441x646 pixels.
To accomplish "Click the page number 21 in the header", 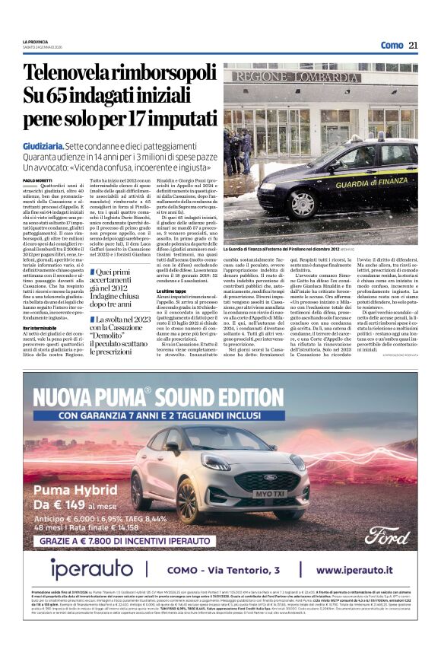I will pos(413,45).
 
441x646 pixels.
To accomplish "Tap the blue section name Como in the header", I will pos(392,45).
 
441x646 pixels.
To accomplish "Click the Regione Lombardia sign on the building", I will pos(296,78).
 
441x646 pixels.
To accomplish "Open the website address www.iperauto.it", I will pos(360,569).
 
